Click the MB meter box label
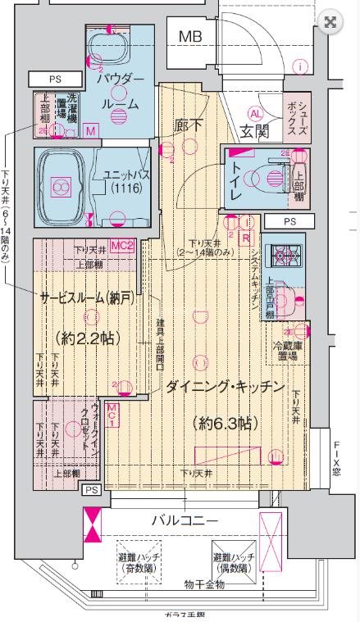tap(191, 36)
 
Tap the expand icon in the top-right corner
tap(330, 22)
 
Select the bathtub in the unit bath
tap(60, 188)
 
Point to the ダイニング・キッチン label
tap(224, 386)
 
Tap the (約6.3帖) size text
tap(225, 424)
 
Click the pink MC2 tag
tap(122, 246)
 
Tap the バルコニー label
tap(185, 521)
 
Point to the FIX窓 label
tap(336, 461)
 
